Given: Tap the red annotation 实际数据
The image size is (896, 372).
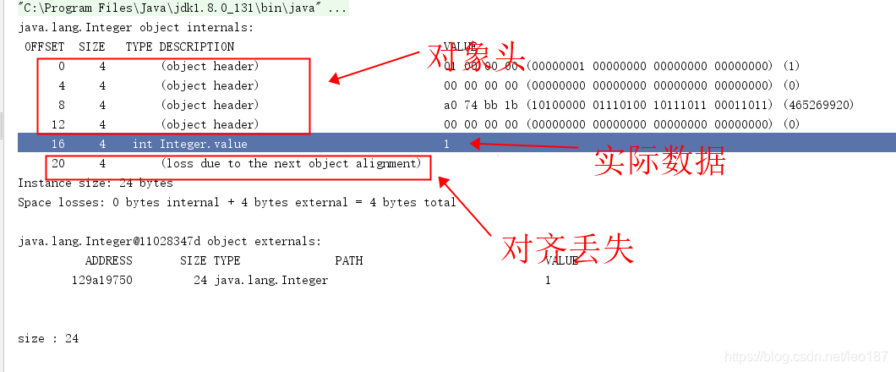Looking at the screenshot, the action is pyautogui.click(x=659, y=161).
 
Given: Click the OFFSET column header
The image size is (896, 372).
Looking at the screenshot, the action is pyautogui.click(x=44, y=46).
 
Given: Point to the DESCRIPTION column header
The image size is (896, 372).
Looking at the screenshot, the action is pyautogui.click(x=197, y=46).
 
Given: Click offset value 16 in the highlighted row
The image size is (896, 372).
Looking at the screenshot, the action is pyautogui.click(x=57, y=144).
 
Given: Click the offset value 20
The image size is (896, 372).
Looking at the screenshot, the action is pyautogui.click(x=57, y=163).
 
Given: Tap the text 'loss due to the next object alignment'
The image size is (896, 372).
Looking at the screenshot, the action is pyautogui.click(x=291, y=163).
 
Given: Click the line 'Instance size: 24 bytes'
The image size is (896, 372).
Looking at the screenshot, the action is pyautogui.click(x=95, y=183).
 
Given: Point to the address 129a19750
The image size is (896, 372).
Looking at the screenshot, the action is pyautogui.click(x=101, y=280).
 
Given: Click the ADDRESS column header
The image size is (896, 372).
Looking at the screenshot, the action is pyautogui.click(x=108, y=260).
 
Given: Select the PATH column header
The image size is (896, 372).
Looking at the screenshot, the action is pyautogui.click(x=348, y=260).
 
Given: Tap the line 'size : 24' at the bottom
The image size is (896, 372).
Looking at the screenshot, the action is pyautogui.click(x=47, y=338).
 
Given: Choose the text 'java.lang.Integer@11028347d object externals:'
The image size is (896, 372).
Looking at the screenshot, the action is pyautogui.click(x=169, y=241).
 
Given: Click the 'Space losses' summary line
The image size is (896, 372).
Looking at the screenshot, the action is pyautogui.click(x=237, y=202).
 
